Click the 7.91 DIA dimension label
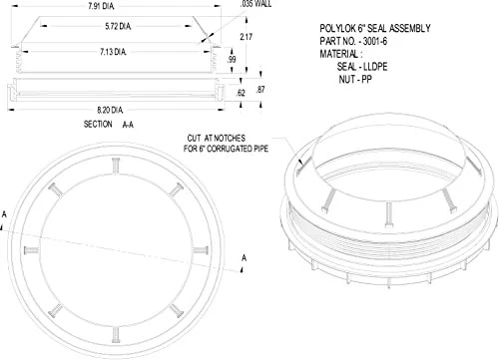(x=101, y=6)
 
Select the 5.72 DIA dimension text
(x=118, y=26)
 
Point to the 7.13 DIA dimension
(x=113, y=52)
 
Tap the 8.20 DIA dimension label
(x=110, y=110)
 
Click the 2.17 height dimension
(x=247, y=37)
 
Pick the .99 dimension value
(x=232, y=60)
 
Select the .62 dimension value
(x=241, y=93)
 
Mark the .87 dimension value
(x=260, y=90)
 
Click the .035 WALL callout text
(x=255, y=4)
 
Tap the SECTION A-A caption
(x=109, y=125)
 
